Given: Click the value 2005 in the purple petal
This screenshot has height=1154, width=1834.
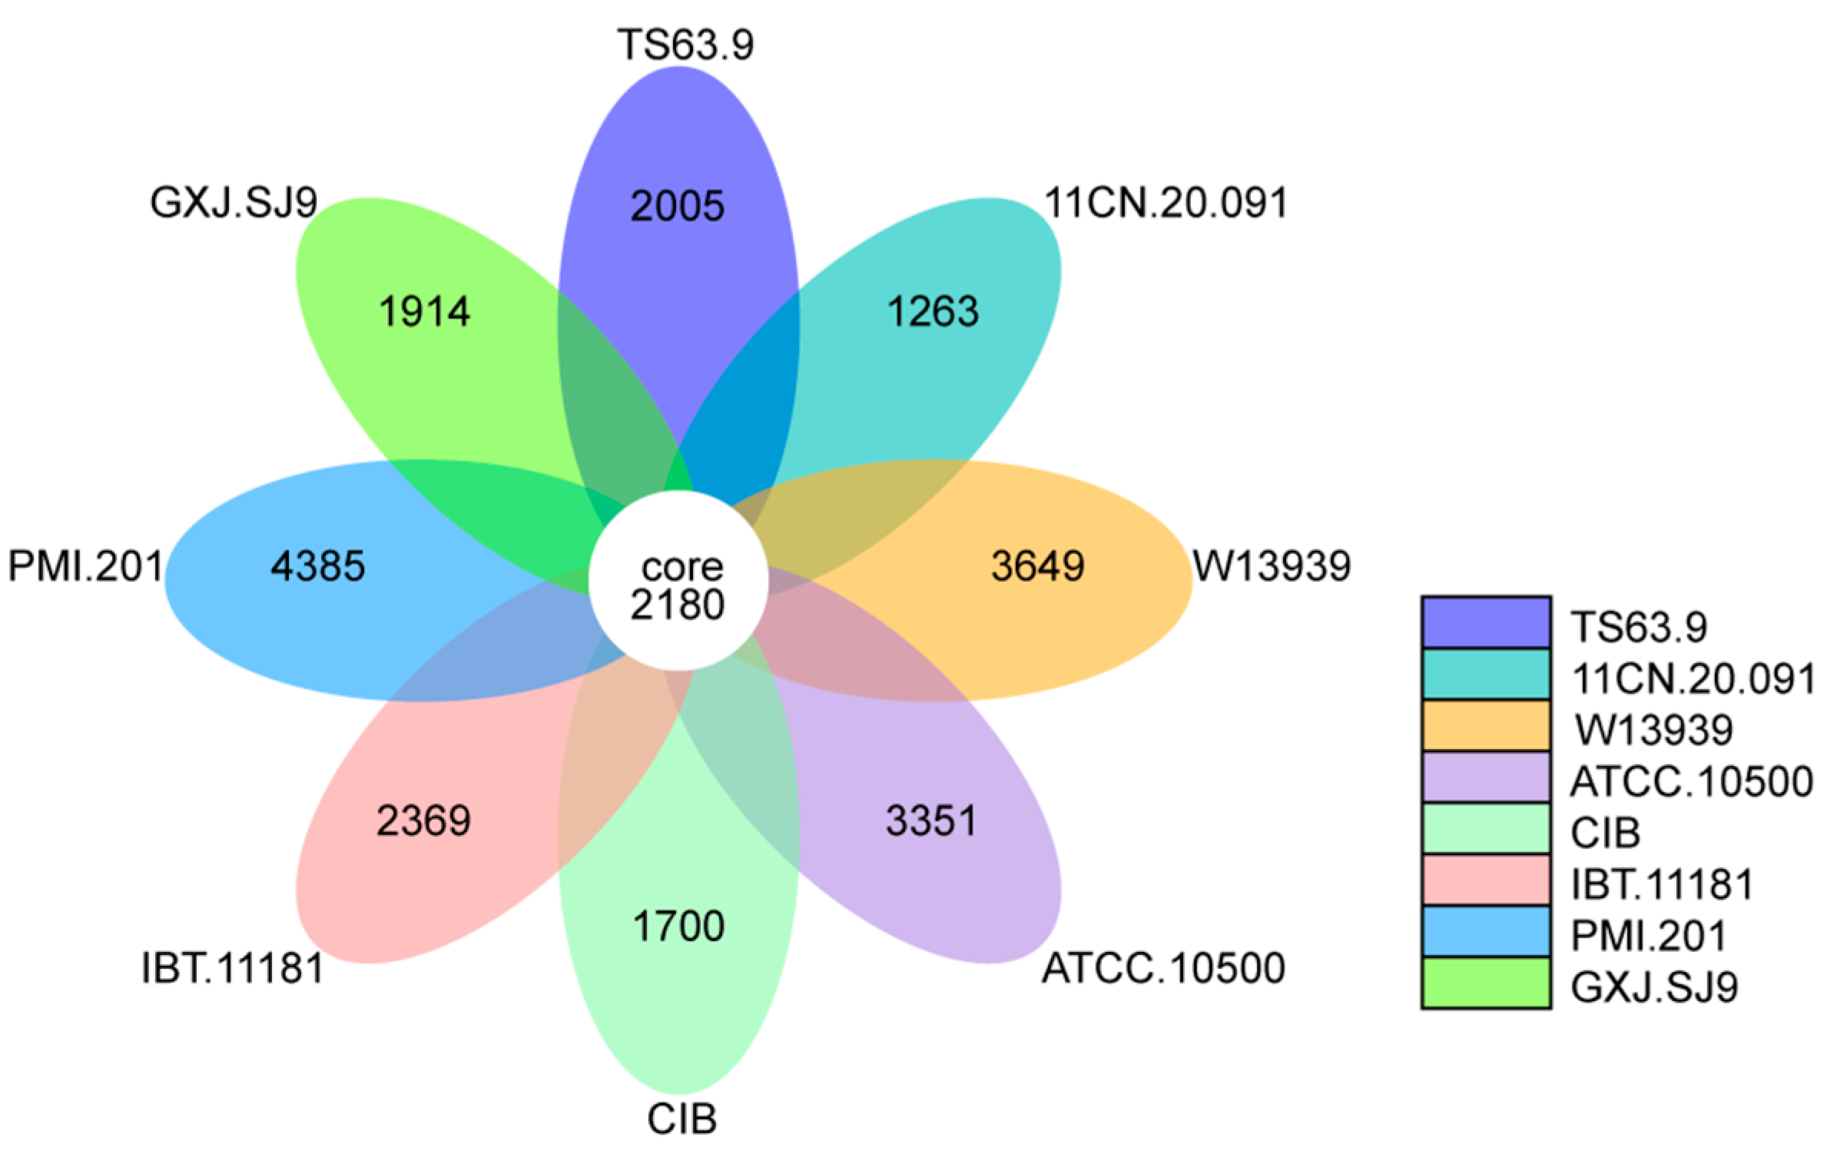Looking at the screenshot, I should pos(677,206).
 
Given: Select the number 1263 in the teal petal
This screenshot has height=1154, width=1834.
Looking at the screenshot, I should pos(933,311).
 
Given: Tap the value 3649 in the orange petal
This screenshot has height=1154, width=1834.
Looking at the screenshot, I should pos(1037,565).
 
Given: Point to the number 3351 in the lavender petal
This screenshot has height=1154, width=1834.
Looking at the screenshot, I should pos(931,820).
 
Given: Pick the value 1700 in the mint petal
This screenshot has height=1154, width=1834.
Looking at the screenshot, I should pos(678,926).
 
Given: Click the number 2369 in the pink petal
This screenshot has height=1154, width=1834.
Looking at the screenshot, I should pos(423,821).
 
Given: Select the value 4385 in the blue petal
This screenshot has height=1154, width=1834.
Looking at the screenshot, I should pos(317,566).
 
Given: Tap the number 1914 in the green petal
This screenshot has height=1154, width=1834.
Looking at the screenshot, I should pos(424,311).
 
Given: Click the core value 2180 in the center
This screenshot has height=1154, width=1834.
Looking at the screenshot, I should pos(677,605).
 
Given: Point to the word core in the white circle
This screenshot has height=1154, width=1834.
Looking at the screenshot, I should pos(682,567).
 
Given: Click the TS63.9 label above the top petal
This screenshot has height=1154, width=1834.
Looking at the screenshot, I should pos(685,45).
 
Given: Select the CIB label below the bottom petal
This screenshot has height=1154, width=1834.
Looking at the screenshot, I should pos(682,1119).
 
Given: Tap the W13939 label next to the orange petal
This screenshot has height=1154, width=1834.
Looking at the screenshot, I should pos(1272,566).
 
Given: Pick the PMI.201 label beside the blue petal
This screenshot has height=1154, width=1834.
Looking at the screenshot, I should pos(85,566).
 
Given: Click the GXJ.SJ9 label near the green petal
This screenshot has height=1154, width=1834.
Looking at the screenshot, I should pos(234,203).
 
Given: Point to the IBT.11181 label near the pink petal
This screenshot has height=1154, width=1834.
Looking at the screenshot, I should pos(233,968).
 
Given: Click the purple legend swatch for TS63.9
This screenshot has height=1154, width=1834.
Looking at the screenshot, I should pos(1485,622).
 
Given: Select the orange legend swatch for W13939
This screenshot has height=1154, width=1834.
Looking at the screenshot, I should pos(1485,725).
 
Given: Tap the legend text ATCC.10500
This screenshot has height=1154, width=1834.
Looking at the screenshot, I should pos(1691,781).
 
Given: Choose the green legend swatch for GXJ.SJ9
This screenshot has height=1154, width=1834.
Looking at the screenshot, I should pos(1485,983).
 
